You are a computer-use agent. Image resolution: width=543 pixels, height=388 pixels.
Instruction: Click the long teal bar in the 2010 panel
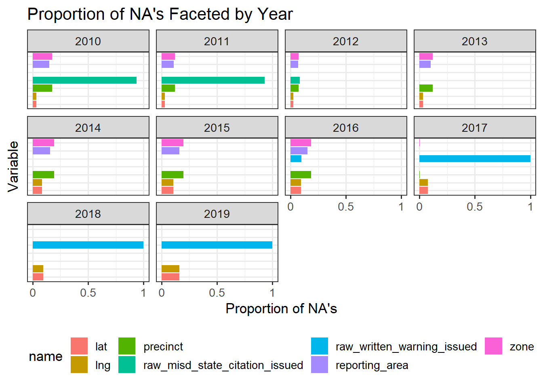pyautogui.click(x=84, y=80)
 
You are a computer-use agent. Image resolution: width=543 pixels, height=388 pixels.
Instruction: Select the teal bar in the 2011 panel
pyautogui.click(x=213, y=80)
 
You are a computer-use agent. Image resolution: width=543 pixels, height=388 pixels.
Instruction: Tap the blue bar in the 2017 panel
pyautogui.click(x=475, y=158)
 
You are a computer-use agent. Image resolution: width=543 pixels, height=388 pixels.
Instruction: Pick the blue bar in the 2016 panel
pyautogui.click(x=296, y=158)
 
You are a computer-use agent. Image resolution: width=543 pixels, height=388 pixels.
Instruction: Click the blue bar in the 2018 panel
pyautogui.click(x=88, y=245)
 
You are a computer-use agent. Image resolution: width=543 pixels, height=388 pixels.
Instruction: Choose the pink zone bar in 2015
pyautogui.click(x=173, y=143)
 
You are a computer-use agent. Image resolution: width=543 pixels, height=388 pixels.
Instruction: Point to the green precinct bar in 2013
pyautogui.click(x=426, y=88)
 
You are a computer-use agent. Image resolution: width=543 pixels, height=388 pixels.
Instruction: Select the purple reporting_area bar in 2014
pyautogui.click(x=42, y=151)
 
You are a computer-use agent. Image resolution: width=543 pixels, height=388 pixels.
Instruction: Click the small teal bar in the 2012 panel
pyautogui.click(x=295, y=80)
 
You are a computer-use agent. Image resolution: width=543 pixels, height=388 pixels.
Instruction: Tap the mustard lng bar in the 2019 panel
pyautogui.click(x=170, y=269)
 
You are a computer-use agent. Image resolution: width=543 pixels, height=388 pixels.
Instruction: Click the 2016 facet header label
pyautogui.click(x=346, y=128)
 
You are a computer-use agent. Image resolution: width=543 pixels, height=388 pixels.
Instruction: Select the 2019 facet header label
pyautogui.click(x=217, y=214)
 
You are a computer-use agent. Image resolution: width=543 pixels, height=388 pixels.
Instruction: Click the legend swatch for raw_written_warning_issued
pyautogui.click(x=320, y=346)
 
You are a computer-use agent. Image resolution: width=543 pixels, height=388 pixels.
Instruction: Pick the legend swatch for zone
pyautogui.click(x=493, y=346)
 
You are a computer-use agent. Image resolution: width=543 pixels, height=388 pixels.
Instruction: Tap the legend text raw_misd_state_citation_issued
pyautogui.click(x=223, y=365)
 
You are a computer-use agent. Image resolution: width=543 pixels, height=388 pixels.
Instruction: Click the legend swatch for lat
pyautogui.click(x=79, y=346)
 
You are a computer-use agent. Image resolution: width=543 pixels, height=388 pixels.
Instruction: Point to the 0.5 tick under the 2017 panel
pyautogui.click(x=475, y=207)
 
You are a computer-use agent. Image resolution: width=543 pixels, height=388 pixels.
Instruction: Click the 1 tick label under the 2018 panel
pyautogui.click(x=143, y=293)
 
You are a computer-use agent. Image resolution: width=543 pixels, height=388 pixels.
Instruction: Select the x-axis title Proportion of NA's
pyautogui.click(x=281, y=309)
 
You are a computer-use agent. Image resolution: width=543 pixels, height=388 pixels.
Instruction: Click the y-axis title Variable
pyautogui.click(x=13, y=167)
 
